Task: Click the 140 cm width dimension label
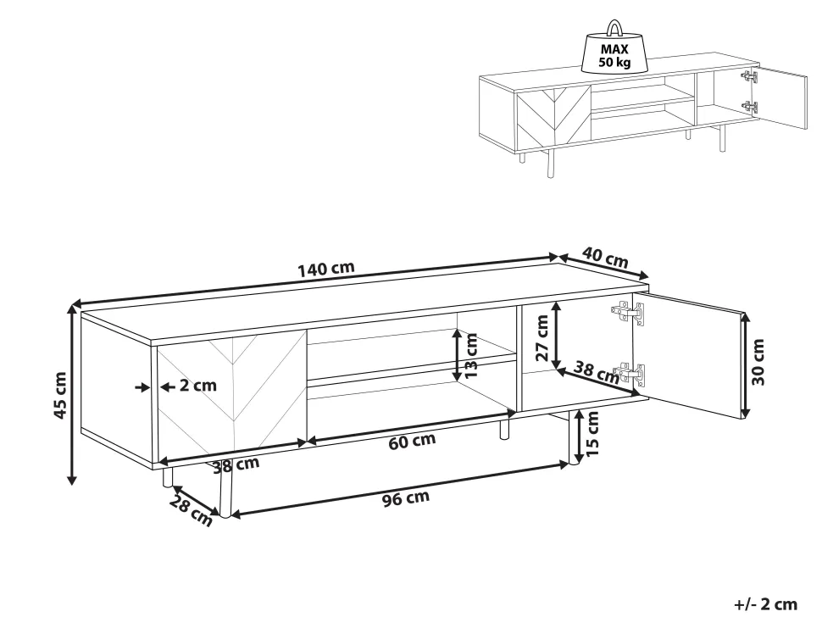click(x=326, y=269)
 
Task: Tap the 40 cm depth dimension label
click(x=605, y=258)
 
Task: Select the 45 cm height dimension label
click(x=60, y=395)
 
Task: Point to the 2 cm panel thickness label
click(x=197, y=386)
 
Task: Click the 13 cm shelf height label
click(x=471, y=356)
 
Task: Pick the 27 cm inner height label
click(x=542, y=338)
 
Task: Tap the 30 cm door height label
click(x=758, y=362)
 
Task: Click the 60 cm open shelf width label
click(x=412, y=442)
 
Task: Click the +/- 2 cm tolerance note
click(x=765, y=604)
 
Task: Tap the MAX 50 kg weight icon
click(x=614, y=47)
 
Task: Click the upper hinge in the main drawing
click(x=628, y=313)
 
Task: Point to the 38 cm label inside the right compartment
click(x=597, y=372)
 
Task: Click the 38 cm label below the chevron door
click(x=236, y=464)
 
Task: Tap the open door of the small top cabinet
click(x=780, y=97)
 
